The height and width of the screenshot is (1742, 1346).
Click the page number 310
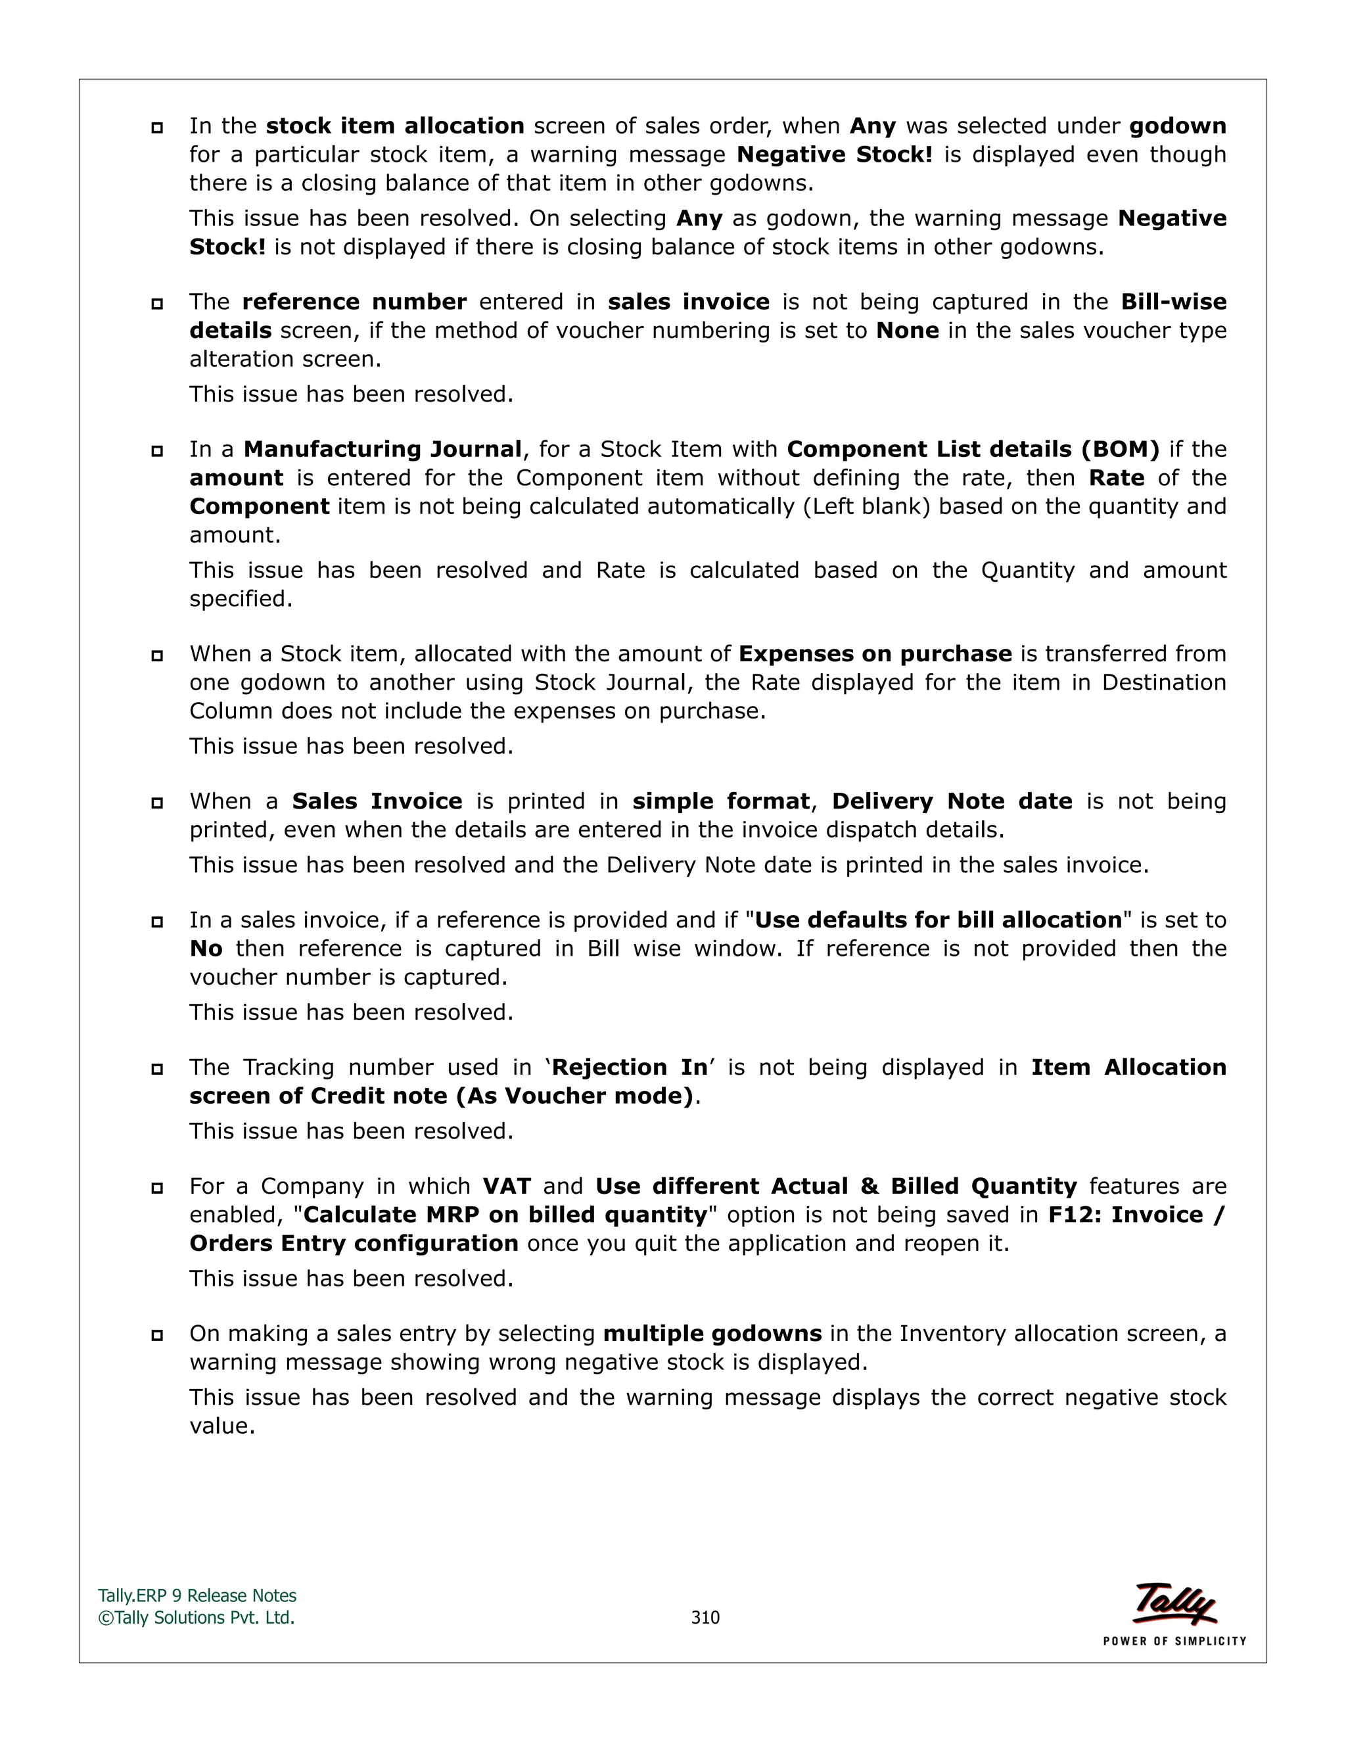pos(705,1617)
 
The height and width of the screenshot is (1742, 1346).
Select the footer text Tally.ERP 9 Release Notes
pos(197,1595)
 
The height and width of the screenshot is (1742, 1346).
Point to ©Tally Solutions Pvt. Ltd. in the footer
pos(196,1617)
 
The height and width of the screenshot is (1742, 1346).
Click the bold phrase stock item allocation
pos(395,126)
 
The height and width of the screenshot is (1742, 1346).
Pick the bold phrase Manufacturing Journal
pos(383,449)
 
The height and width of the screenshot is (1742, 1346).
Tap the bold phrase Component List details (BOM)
pos(973,449)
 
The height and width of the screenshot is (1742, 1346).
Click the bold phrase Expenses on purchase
pos(875,653)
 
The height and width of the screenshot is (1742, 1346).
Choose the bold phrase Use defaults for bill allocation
pos(938,920)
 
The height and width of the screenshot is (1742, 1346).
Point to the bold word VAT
pos(506,1186)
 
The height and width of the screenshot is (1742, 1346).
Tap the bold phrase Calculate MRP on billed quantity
pos(505,1215)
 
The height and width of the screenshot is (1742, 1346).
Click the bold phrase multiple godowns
pos(712,1334)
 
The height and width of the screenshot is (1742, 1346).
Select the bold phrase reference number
pos(354,302)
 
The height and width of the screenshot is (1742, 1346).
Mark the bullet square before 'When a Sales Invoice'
pos(157,803)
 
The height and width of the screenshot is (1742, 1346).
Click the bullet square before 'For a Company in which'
pos(157,1188)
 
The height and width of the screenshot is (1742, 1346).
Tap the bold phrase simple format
pos(721,801)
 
